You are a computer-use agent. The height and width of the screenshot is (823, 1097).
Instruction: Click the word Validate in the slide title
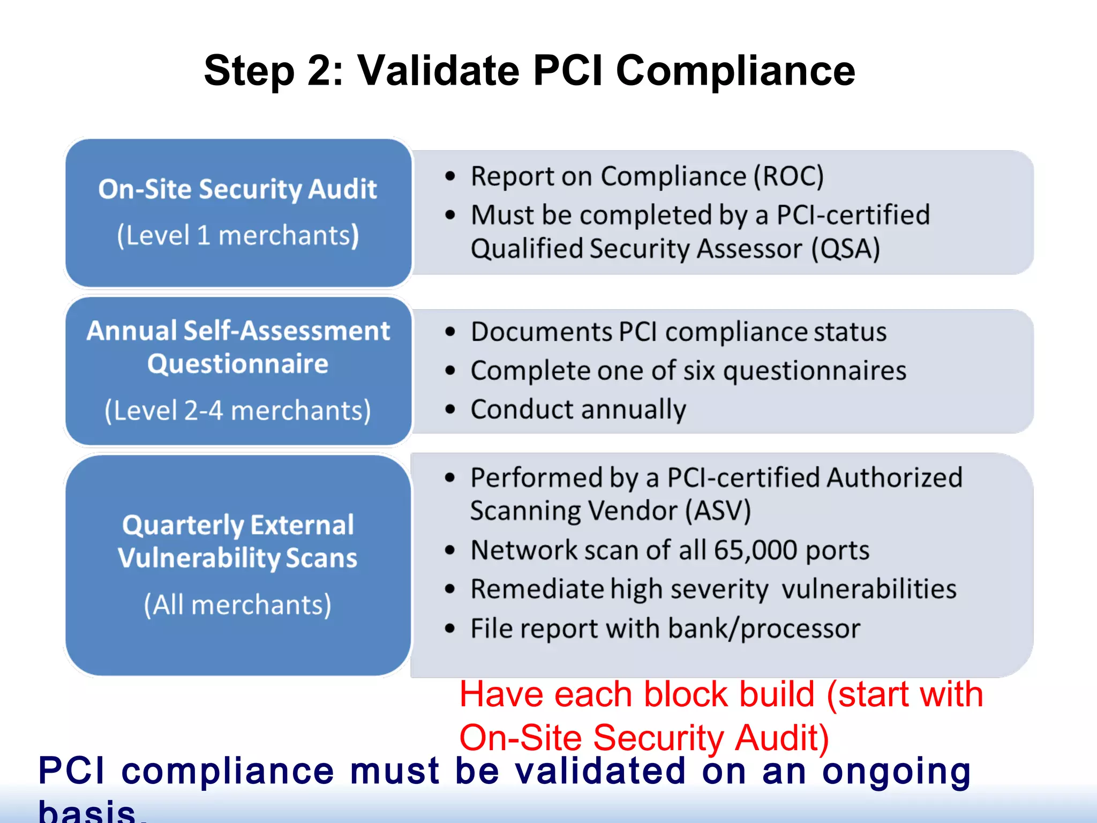pos(438,71)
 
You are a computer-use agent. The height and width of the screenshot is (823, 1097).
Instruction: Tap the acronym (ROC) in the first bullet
pos(788,176)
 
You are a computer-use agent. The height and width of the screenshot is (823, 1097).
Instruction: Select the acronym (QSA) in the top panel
pos(845,249)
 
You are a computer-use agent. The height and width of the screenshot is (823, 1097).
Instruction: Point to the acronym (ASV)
pos(718,511)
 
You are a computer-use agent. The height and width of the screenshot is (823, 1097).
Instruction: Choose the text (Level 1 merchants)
pos(238,236)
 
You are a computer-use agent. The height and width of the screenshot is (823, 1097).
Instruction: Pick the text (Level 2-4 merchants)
pos(238,411)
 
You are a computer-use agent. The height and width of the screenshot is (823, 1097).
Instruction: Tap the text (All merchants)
pos(238,605)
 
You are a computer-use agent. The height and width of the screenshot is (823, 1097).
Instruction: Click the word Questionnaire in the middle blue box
pos(238,364)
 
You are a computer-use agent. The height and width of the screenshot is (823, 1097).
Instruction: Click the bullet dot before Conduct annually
pos(450,410)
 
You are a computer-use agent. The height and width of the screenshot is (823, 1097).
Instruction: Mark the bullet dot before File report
pos(450,629)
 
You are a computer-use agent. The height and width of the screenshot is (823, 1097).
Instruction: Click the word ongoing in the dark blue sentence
pos(896,772)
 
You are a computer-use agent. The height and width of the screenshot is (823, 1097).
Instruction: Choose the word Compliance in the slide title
pos(735,71)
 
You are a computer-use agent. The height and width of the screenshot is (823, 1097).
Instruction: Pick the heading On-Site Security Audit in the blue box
pos(238,190)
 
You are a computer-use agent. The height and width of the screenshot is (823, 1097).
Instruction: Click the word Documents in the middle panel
pos(541,332)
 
